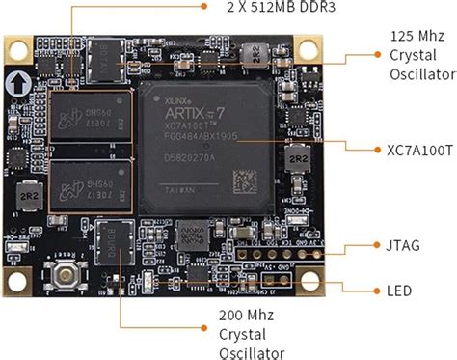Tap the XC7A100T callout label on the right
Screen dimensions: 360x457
(408, 150)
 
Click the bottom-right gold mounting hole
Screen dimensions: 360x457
(310, 285)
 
